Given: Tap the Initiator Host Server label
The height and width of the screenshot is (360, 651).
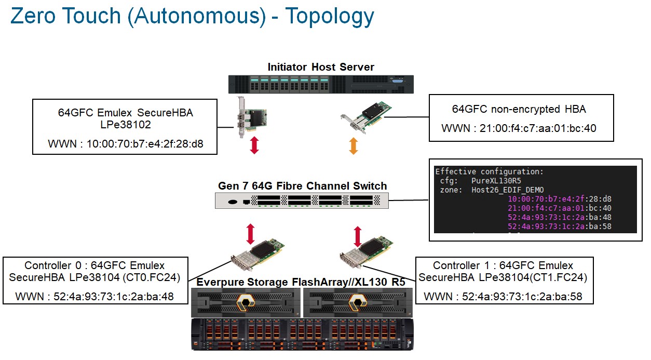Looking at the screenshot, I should point(321,67).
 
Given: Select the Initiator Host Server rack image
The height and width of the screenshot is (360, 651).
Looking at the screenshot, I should point(321,84).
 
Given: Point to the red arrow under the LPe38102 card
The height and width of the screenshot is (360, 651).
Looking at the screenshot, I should point(254,145).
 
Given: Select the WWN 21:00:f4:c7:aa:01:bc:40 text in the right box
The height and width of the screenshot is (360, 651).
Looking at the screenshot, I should point(519,128).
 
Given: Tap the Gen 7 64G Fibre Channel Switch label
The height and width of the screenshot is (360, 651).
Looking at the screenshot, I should point(302,185).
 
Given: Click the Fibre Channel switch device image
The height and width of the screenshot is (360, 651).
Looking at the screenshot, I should point(302,201).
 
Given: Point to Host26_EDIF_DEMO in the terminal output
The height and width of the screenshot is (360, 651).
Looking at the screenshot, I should point(507,190).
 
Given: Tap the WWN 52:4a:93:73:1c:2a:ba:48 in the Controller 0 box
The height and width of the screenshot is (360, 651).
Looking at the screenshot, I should point(94,297).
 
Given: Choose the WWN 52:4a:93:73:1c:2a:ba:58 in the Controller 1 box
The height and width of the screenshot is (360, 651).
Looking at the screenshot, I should point(503,297).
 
